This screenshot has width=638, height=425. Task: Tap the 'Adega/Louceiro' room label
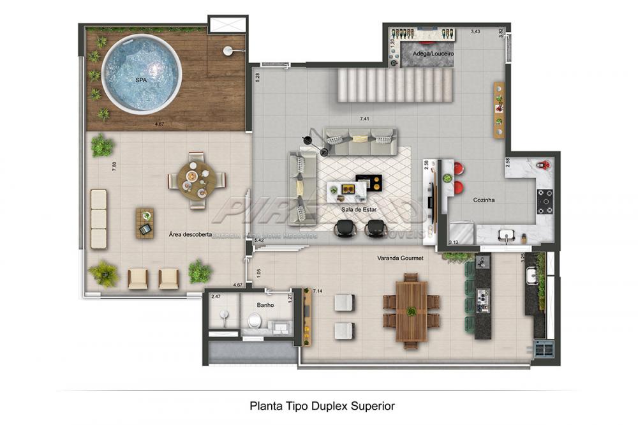[433, 54]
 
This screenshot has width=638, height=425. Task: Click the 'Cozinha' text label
[484, 200]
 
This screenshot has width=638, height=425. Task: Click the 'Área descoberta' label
[190, 234]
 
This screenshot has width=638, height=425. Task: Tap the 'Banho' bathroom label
[266, 305]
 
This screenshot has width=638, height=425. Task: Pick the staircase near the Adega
[395, 86]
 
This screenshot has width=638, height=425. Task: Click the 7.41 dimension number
[364, 119]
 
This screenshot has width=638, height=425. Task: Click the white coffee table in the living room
[346, 189]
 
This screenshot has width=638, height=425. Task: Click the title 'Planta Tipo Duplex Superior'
[322, 405]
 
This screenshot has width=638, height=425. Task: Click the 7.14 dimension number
[317, 291]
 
